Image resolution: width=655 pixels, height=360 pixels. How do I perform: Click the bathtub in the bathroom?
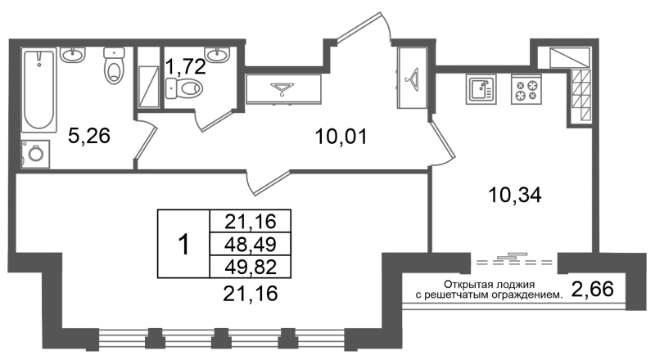[x=38, y=91]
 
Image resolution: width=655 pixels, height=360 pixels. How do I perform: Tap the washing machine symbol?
[x=35, y=154]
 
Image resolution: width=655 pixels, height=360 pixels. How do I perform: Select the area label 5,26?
[x=89, y=136]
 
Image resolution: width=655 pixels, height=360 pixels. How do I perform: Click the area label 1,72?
[x=186, y=66]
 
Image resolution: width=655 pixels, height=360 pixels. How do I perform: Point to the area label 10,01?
[x=341, y=137]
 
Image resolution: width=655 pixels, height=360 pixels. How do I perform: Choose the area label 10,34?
[x=515, y=195]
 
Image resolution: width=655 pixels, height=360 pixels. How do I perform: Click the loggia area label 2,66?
[x=592, y=289]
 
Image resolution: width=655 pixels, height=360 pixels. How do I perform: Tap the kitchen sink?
[x=481, y=90]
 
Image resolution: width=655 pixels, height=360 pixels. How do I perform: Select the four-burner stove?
[x=526, y=90]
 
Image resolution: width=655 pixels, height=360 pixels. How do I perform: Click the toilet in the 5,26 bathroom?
[x=114, y=65]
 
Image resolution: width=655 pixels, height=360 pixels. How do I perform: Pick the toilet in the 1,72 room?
[x=184, y=88]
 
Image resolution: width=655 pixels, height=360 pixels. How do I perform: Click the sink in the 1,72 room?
[x=217, y=54]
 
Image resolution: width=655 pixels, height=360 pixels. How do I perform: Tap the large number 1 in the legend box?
[x=183, y=245]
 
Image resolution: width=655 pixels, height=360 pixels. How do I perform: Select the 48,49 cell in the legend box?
[x=251, y=244]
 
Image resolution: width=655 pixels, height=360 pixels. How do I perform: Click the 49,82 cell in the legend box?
[x=251, y=267]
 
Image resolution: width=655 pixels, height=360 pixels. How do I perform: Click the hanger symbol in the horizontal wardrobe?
[x=282, y=89]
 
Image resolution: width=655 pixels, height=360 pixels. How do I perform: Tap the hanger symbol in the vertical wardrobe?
[x=412, y=78]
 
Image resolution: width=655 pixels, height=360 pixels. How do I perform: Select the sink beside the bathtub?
[x=72, y=55]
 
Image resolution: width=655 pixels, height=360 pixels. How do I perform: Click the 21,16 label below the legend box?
[x=251, y=294]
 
